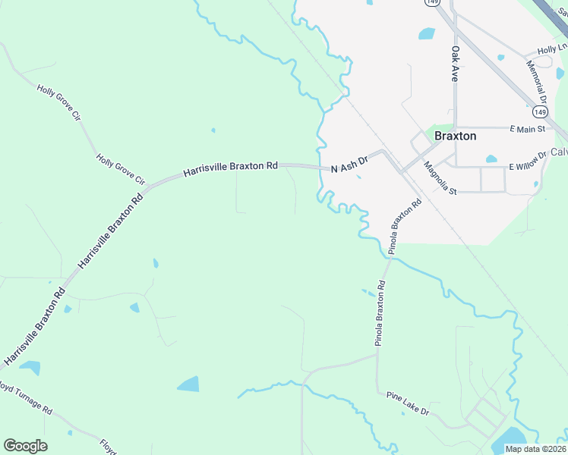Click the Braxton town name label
pyautogui.click(x=456, y=136)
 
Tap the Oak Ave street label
pyautogui.click(x=456, y=64)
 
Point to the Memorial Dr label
pyautogui.click(x=538, y=82)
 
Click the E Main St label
pyautogui.click(x=528, y=130)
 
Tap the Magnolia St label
pyautogui.click(x=440, y=179)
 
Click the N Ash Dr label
pyautogui.click(x=349, y=163)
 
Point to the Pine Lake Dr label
pyautogui.click(x=408, y=403)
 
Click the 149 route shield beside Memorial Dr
pyautogui.click(x=539, y=112)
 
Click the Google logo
pyautogui.click(x=25, y=446)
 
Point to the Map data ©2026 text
pyautogui.click(x=535, y=449)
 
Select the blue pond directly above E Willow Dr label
pyautogui.click(x=491, y=159)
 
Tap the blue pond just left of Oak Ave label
pyautogui.click(x=427, y=34)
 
